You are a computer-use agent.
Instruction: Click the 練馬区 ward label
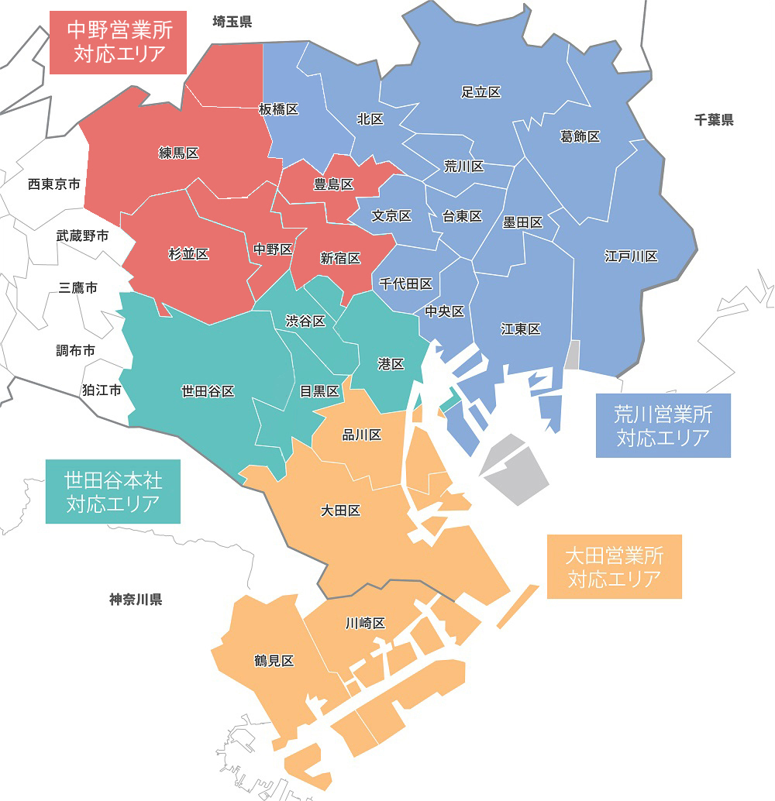(x=179, y=153)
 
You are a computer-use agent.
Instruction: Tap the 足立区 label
(x=480, y=92)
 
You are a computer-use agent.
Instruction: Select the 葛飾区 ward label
(x=580, y=136)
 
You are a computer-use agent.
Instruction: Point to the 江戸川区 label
(x=631, y=256)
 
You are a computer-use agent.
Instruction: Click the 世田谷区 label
(x=208, y=391)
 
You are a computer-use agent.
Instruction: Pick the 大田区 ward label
(x=341, y=511)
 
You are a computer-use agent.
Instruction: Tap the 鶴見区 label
(x=274, y=661)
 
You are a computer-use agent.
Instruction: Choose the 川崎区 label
(x=365, y=623)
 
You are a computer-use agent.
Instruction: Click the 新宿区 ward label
(x=340, y=258)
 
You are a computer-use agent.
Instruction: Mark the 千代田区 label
(x=405, y=284)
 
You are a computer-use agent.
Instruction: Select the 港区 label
(x=391, y=363)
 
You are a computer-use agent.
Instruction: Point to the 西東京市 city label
(x=53, y=184)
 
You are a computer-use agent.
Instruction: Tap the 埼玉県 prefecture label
(x=232, y=22)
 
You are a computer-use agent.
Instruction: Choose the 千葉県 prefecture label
(x=714, y=120)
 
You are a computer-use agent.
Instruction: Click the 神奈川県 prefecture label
(x=136, y=599)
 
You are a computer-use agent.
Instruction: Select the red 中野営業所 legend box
(x=119, y=42)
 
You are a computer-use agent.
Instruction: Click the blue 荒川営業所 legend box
(x=663, y=425)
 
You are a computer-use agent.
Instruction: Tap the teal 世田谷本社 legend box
(x=113, y=492)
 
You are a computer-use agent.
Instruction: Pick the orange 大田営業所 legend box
(x=614, y=566)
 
